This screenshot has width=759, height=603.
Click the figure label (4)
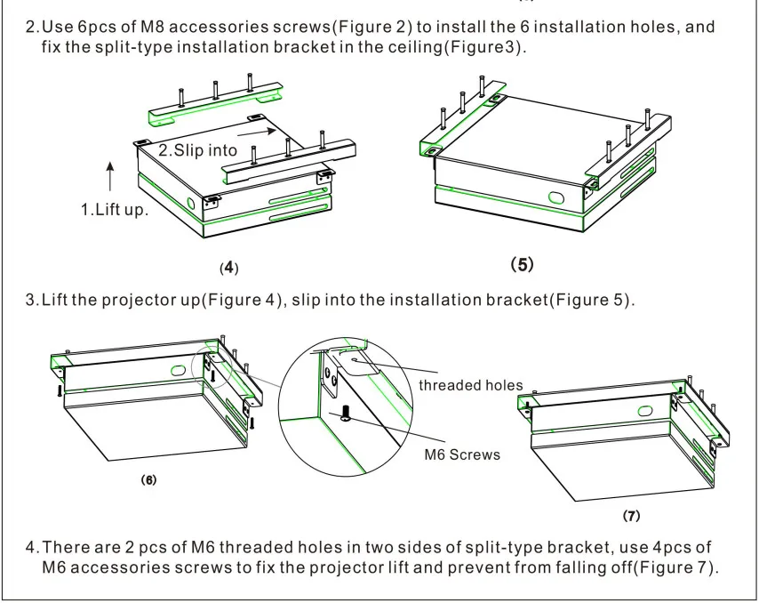click(229, 268)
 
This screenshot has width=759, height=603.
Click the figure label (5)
click(522, 264)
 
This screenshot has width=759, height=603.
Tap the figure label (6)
click(148, 479)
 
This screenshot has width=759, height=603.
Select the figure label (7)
click(631, 515)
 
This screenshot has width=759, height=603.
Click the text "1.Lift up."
click(115, 210)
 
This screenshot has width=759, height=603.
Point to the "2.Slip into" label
click(197, 150)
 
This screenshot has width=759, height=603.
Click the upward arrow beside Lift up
click(110, 176)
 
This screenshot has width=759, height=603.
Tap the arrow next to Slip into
click(257, 132)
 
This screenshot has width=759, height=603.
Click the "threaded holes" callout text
click(470, 385)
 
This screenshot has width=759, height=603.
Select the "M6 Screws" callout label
click(462, 454)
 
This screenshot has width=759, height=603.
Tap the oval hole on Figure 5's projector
click(556, 197)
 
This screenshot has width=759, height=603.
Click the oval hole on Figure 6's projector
click(178, 371)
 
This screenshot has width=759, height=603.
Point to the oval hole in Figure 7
click(645, 411)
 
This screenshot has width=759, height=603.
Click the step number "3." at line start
click(32, 300)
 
